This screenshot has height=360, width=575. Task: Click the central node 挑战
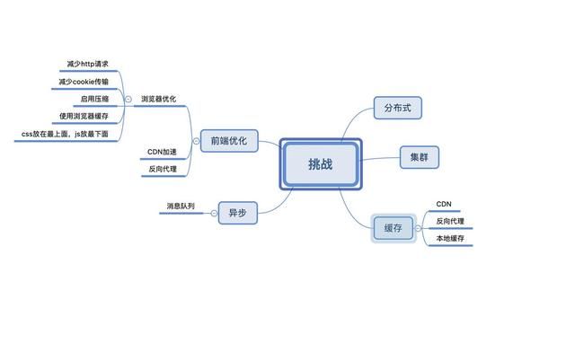321,163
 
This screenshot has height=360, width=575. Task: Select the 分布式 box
397,109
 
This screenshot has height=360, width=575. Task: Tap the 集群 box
420,158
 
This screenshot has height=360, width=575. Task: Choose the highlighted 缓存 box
393,228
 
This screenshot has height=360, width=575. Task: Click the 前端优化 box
228,141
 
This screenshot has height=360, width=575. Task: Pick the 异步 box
238,213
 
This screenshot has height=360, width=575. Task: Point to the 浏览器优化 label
158,99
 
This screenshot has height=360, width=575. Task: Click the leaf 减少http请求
87,65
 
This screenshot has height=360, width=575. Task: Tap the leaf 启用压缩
94,99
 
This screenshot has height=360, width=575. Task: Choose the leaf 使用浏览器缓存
84,116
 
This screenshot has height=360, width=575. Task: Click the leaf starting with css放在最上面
65,134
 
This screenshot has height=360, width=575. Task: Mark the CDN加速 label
162,152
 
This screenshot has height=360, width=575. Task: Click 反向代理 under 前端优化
162,169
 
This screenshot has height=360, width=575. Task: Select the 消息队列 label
180,206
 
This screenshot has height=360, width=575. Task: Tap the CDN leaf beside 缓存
443,204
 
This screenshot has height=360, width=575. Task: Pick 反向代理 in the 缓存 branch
450,221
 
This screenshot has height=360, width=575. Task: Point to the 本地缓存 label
450,238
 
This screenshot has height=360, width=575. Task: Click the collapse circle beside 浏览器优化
128,99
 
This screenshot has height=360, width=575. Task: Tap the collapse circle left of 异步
210,213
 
